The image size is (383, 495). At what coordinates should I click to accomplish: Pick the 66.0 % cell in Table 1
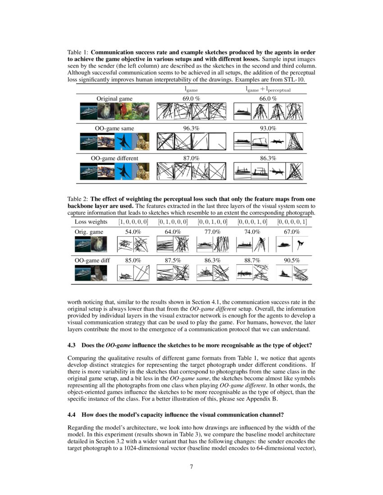(268, 99)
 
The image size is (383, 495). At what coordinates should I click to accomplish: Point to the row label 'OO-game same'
(114, 128)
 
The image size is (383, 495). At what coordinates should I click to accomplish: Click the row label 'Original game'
(114, 99)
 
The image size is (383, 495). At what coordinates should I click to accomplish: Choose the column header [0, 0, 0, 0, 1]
(292, 221)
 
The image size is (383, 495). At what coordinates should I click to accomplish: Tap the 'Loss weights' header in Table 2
(91, 221)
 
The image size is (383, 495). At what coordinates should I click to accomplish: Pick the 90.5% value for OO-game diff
(292, 260)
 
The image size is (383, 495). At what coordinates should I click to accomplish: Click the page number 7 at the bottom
(191, 466)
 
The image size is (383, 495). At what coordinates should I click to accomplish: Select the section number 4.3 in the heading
(72, 345)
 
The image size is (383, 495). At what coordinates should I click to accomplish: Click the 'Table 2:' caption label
(78, 199)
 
